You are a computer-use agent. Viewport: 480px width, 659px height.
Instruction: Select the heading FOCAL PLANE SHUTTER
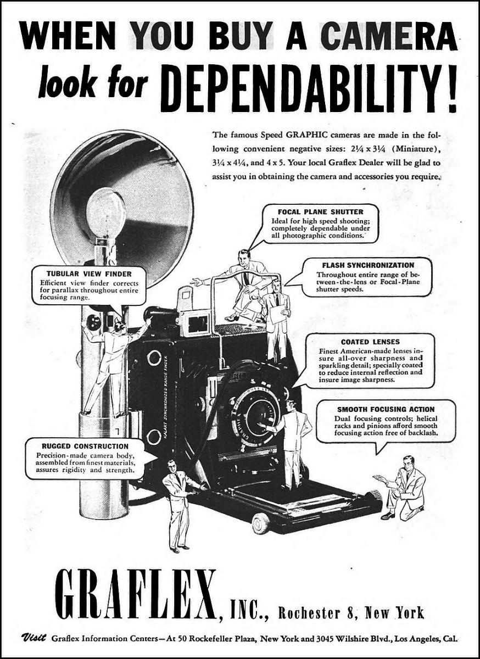point(321,212)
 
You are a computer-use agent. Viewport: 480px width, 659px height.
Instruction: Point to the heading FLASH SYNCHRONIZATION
point(368,265)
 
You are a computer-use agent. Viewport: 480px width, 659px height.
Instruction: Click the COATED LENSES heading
point(370,342)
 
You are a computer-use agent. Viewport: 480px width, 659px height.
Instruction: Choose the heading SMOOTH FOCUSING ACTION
point(386,409)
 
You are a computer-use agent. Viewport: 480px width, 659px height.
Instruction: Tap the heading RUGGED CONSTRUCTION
point(85,446)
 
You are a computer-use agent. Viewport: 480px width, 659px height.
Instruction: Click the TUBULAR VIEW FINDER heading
point(89,274)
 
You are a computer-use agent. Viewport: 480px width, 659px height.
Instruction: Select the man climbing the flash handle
point(113,366)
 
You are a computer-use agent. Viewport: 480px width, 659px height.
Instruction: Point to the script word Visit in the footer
point(33,638)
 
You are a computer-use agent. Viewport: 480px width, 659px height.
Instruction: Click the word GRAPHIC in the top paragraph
point(306,135)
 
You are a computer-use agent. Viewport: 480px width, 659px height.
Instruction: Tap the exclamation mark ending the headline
point(452,88)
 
